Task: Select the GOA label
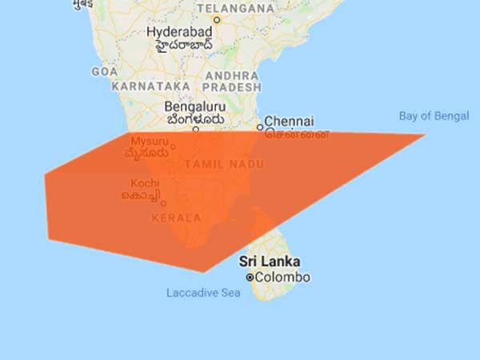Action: click(105, 71)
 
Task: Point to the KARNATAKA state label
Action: click(150, 85)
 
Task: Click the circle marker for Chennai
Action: click(260, 126)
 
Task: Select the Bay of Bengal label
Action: click(434, 116)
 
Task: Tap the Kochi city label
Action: click(146, 183)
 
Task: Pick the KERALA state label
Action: click(175, 217)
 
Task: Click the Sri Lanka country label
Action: click(270, 262)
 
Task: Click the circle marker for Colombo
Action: click(250, 278)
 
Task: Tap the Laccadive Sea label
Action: click(203, 293)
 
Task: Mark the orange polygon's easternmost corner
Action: click(425, 134)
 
